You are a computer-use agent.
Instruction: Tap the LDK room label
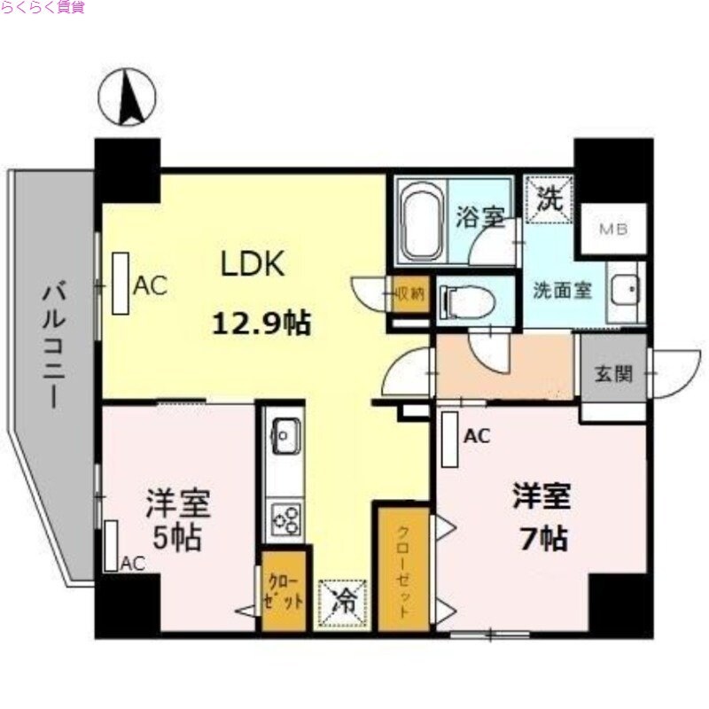(252, 264)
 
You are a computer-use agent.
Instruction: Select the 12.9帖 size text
(261, 324)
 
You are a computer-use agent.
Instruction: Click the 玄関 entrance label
(613, 373)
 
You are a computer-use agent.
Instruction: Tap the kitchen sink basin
(284, 434)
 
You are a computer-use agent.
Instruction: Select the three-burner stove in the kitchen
(284, 518)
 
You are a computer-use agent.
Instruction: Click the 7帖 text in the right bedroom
(541, 536)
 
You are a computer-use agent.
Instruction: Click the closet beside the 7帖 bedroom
(403, 568)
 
